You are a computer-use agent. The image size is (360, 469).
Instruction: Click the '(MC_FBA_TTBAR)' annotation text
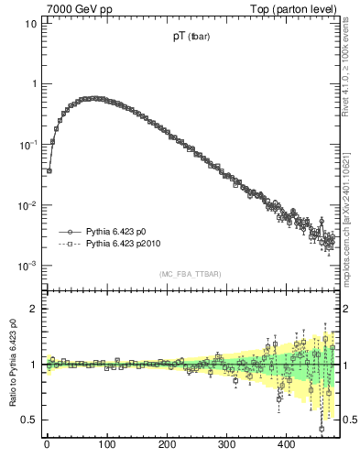(190, 274)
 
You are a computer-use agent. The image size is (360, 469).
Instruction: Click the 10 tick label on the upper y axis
(29, 23)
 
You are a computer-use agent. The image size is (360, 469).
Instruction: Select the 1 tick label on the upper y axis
(32, 83)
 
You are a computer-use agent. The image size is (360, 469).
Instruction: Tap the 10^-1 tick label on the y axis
(27, 144)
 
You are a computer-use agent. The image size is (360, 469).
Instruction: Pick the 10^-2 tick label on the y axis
(27, 205)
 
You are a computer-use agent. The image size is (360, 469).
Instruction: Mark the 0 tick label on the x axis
(47, 444)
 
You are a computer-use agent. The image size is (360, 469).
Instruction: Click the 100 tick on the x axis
(106, 444)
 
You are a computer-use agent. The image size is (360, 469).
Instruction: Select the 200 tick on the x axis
(167, 444)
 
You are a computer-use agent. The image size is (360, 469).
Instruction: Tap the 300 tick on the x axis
(226, 444)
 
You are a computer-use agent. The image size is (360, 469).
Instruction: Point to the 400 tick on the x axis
(286, 444)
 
